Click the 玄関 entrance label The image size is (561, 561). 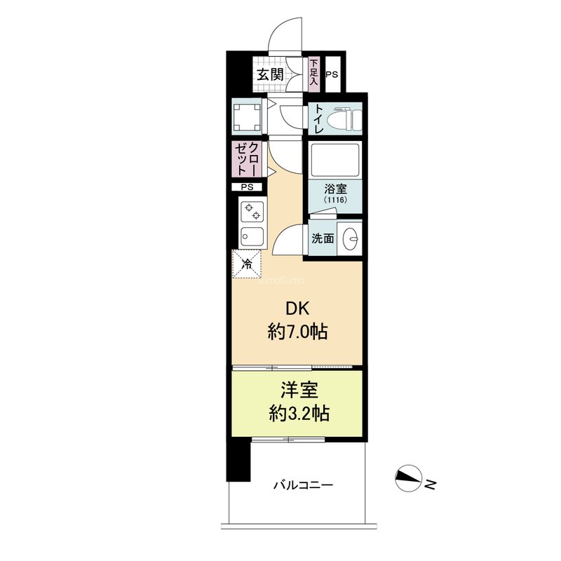(270, 75)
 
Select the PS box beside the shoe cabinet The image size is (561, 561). (332, 74)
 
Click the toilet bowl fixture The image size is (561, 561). (342, 119)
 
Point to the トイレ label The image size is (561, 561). (318, 119)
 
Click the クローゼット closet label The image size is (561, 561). (247, 159)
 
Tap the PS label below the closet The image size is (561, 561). (247, 187)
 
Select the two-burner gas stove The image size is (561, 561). (252, 212)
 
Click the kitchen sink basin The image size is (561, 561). (252, 236)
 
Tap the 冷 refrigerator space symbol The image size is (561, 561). (247, 264)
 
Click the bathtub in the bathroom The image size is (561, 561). (335, 160)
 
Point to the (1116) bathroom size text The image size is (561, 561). (336, 200)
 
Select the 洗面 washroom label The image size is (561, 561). (323, 238)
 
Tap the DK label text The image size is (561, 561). (297, 309)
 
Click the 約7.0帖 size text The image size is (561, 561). (297, 332)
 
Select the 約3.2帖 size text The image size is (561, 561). (299, 414)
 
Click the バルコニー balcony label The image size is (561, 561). (304, 485)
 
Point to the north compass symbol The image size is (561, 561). (408, 478)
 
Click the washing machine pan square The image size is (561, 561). (247, 116)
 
